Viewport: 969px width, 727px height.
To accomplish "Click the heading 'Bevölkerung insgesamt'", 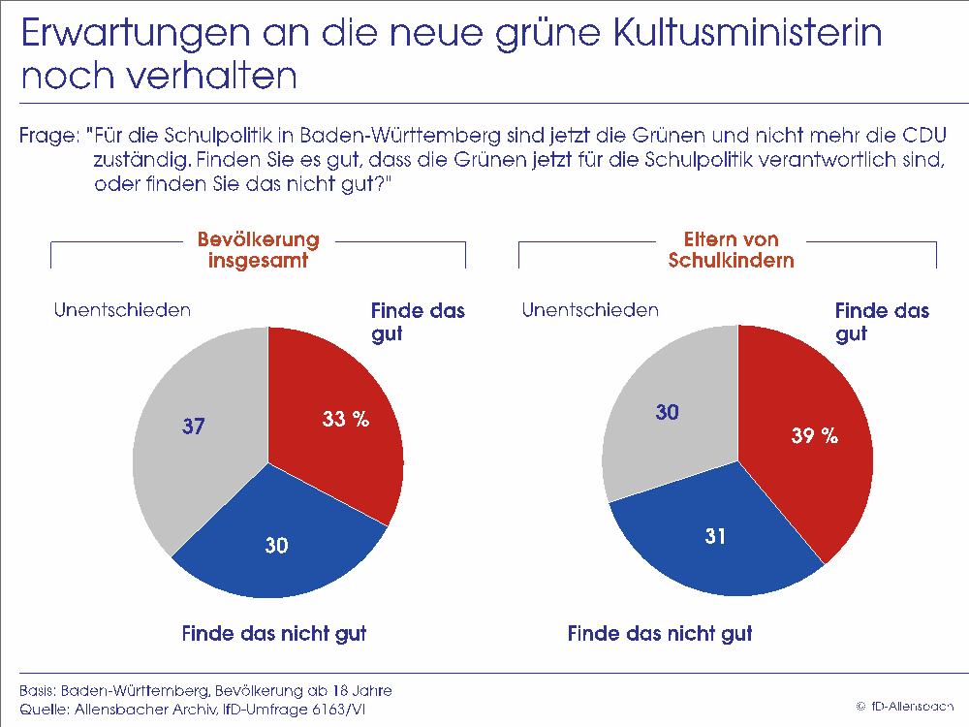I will click(x=258, y=249).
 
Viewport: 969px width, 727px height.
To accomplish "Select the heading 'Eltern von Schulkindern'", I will click(x=726, y=249).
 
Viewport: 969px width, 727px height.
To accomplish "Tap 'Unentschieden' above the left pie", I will click(x=122, y=310).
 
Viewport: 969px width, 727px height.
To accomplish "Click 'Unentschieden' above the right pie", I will click(x=590, y=310).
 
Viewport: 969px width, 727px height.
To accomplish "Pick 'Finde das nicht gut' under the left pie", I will click(x=274, y=635).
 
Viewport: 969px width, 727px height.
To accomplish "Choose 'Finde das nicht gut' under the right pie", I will click(x=660, y=635).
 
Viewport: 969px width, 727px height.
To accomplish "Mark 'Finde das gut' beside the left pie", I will click(x=418, y=322).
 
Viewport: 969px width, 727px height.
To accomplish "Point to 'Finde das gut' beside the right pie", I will click(x=882, y=322).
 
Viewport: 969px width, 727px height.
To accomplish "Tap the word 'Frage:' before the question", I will click(x=46, y=136).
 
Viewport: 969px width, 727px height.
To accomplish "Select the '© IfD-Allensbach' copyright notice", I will click(x=905, y=705).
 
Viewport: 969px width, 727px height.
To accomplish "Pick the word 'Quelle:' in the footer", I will click(x=41, y=711).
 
